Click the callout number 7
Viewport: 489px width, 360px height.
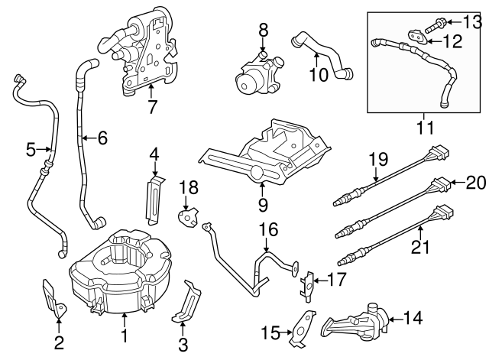tap(151, 107)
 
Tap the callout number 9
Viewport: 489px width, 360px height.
tap(261, 204)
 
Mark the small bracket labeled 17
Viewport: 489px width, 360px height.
tap(308, 283)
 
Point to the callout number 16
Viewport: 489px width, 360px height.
tap(264, 228)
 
